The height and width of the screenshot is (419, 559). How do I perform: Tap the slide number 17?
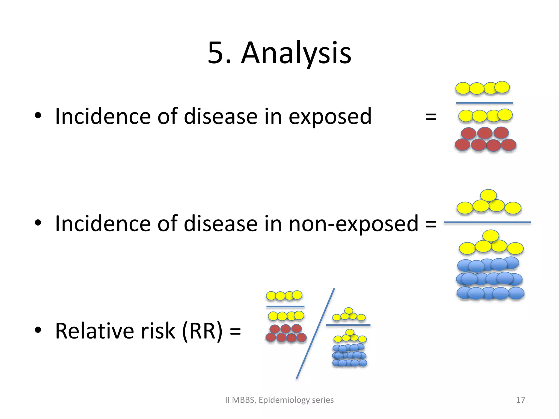point(521,400)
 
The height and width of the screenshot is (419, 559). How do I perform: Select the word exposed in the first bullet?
point(330,117)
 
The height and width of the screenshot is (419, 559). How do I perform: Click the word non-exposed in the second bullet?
point(353,224)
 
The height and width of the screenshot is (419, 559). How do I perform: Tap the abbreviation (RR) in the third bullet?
point(202,331)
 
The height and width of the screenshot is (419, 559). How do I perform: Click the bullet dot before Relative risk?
point(38,330)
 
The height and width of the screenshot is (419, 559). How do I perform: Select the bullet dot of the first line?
point(38,116)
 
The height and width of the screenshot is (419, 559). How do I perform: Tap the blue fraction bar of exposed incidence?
point(484,103)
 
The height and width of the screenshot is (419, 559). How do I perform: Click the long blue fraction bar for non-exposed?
point(487,223)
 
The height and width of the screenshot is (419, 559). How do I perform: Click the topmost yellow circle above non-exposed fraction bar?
point(488,195)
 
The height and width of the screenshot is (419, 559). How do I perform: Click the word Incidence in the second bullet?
point(103,224)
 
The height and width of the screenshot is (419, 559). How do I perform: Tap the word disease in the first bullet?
point(221,117)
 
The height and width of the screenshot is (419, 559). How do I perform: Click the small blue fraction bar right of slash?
point(348,325)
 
